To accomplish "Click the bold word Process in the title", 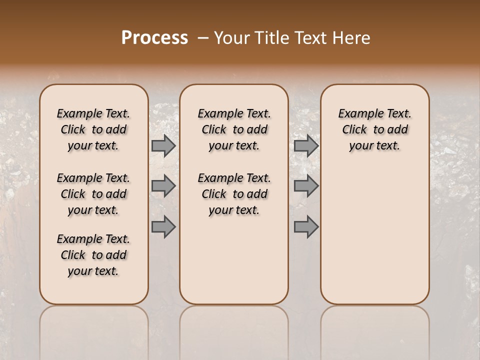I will click(x=154, y=37).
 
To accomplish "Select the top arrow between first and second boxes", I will click(x=163, y=146).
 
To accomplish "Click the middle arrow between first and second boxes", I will click(x=163, y=186).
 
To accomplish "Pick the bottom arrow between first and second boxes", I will click(x=163, y=227).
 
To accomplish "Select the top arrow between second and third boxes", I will click(x=306, y=146).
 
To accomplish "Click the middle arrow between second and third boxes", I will click(x=306, y=186).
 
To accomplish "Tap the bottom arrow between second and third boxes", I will click(x=306, y=227).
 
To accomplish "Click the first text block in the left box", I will click(x=93, y=129).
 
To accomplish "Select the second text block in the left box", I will click(x=93, y=194).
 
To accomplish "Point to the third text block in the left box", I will click(x=93, y=255).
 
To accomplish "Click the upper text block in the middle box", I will click(x=234, y=129).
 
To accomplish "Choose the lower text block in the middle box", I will click(x=234, y=194).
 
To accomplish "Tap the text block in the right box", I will click(x=374, y=129).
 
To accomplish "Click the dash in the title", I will click(x=202, y=37).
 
